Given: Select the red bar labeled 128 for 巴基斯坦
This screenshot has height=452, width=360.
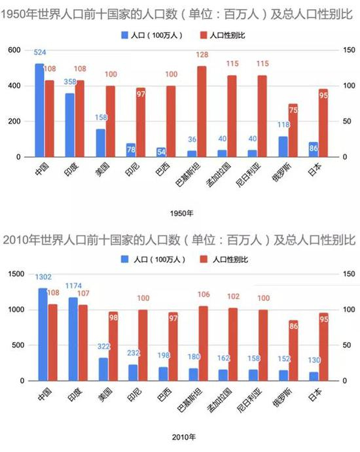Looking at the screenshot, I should pos(202,112).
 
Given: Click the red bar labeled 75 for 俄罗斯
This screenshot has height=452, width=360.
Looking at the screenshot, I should pos(294,131).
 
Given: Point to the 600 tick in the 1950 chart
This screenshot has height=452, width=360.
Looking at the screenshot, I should pos(14,50).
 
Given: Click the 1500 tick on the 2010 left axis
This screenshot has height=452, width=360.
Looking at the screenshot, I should pos(12,273).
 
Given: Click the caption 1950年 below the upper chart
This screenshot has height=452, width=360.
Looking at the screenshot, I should pos(179,213).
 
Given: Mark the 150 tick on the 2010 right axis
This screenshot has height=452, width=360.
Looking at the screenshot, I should pos(346,273).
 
